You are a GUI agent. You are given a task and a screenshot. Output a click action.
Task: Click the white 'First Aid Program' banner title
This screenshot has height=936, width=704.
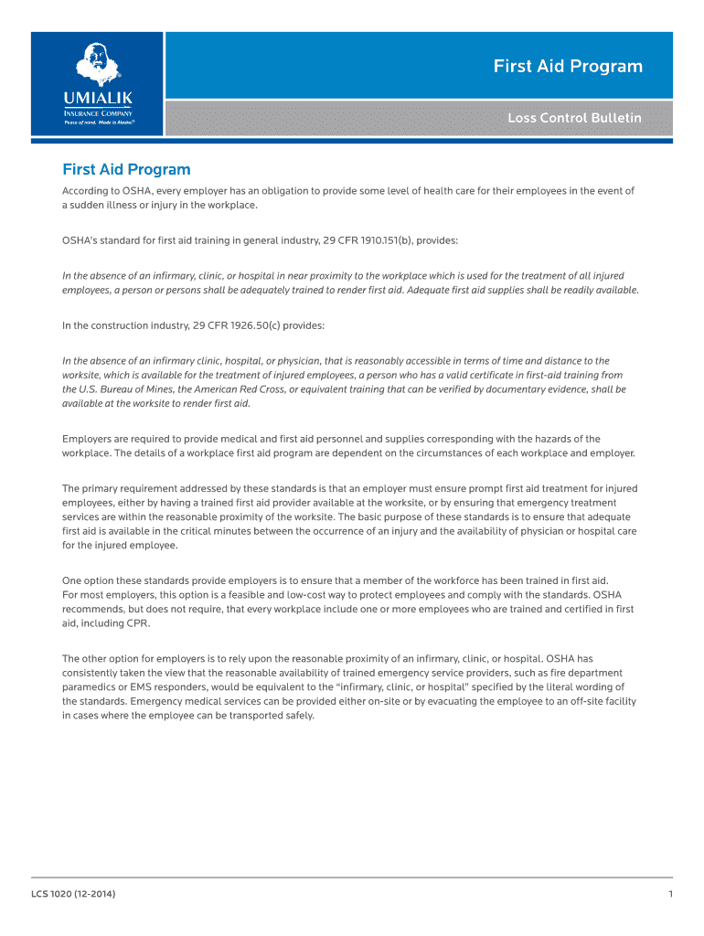[x=568, y=67]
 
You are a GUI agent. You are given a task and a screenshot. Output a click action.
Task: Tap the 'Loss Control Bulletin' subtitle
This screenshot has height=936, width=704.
[x=575, y=118]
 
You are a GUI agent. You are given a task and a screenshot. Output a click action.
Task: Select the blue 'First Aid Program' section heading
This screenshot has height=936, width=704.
[x=126, y=169]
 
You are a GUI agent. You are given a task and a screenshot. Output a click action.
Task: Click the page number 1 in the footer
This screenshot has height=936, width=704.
[x=670, y=893]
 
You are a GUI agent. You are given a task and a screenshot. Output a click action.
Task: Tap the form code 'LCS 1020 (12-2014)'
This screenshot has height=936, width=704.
[x=73, y=893]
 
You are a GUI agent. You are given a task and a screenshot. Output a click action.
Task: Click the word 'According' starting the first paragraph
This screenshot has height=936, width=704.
[x=84, y=191]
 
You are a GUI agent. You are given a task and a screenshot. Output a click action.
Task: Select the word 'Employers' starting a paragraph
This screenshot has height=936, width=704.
[x=88, y=440]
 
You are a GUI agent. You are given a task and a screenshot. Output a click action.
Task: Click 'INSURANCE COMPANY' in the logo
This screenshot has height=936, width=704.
[x=97, y=112]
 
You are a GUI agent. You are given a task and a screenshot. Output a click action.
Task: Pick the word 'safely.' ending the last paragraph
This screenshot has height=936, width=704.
[x=296, y=716]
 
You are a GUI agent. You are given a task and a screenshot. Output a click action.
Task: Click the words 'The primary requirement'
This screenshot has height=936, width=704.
[x=119, y=489]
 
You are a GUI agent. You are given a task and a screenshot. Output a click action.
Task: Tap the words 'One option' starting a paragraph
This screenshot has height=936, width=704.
[x=89, y=580]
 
